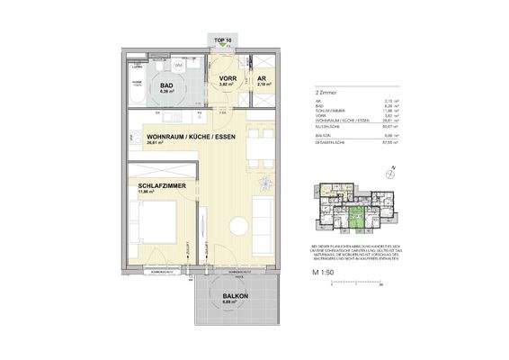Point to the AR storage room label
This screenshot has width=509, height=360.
[263, 79]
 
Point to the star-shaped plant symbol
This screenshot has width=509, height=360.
[263, 185]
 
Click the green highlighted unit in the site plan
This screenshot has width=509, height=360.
[358, 218]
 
